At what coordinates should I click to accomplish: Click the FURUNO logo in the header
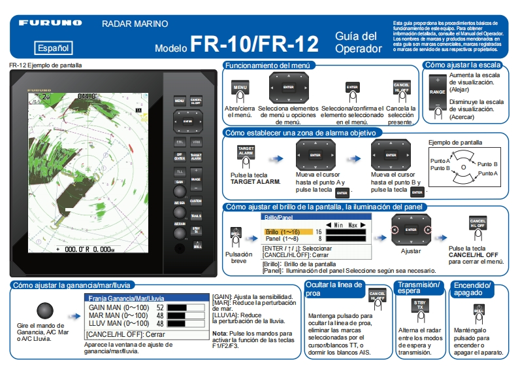(x=50, y=23)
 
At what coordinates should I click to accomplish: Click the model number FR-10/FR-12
(x=255, y=44)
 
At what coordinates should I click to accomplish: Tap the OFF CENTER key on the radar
(x=179, y=156)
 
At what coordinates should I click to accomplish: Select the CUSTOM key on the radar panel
(x=195, y=201)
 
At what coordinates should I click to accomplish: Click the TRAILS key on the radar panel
(x=195, y=216)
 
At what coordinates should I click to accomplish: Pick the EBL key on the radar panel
(x=179, y=141)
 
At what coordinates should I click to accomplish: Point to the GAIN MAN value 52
(x=159, y=307)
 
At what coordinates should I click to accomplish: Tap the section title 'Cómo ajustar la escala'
(x=462, y=65)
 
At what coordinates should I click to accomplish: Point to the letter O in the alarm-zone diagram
(x=463, y=167)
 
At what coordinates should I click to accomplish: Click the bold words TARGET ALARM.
(x=255, y=181)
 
